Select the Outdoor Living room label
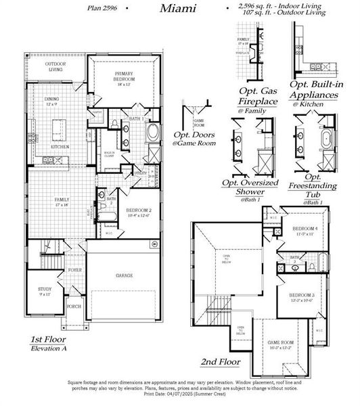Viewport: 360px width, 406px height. tap(55, 66)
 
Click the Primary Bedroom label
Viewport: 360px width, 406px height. tap(124, 80)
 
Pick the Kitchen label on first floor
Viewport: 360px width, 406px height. tap(62, 146)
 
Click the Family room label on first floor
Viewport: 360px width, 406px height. tap(62, 201)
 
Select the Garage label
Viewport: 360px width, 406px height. tap(124, 275)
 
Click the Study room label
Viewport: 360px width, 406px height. tap(44, 292)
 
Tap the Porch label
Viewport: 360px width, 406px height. tap(74, 307)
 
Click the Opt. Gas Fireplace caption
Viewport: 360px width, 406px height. tap(258, 95)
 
